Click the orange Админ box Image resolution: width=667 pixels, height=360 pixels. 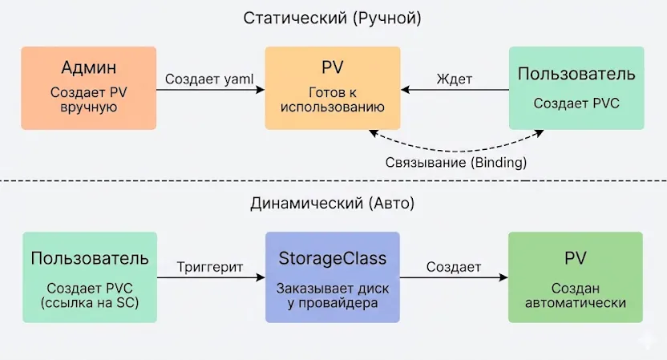pos(88,88)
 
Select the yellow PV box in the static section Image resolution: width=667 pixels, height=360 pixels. pos(333,88)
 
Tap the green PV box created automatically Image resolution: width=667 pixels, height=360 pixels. pos(576,277)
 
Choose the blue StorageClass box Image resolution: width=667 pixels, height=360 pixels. pos(333,277)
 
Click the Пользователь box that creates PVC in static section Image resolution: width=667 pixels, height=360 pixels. pos(576,88)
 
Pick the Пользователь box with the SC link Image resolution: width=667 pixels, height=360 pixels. pos(90,277)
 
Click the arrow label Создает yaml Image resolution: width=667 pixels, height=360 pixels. pos(210,79)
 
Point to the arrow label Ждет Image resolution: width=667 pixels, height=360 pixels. pos(455,79)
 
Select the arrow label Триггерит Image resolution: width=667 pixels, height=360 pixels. pos(210,267)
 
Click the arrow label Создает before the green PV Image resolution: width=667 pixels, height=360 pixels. pos(454,267)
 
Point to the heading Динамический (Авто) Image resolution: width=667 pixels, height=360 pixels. pos(333,204)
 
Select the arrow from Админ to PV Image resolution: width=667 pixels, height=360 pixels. pos(210,91)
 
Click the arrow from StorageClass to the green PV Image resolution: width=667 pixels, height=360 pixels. pos(454,278)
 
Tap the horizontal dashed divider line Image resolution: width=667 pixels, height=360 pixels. pos(160,181)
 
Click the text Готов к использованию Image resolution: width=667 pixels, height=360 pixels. pos(333,99)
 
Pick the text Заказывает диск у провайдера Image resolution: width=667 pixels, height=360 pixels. pos(333,296)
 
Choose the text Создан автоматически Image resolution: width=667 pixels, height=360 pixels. pos(576,296)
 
